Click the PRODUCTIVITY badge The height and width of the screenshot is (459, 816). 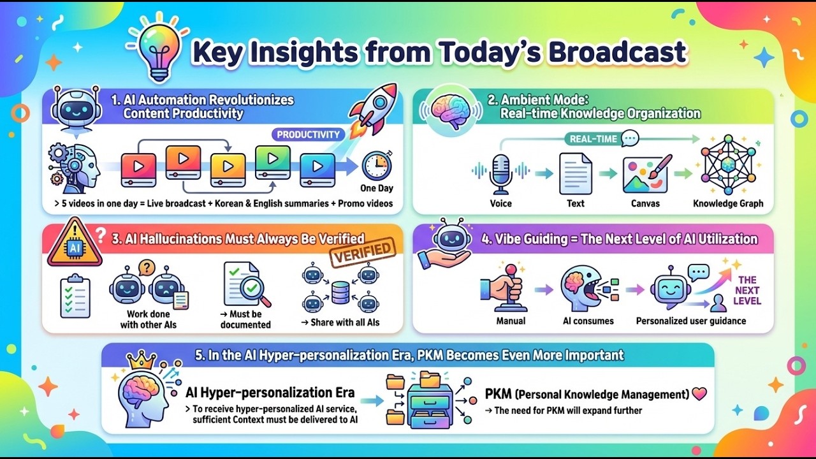pyautogui.click(x=309, y=135)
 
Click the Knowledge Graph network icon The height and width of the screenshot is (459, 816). pyautogui.click(x=727, y=164)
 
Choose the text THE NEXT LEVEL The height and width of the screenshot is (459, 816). pyautogui.click(x=747, y=290)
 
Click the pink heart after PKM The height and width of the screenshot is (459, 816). pyautogui.click(x=699, y=394)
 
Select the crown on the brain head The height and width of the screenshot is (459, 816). pyautogui.click(x=142, y=361)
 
